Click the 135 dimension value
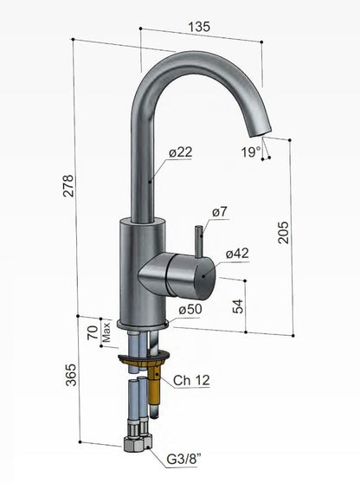pyautogui.click(x=199, y=27)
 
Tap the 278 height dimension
pyautogui.click(x=68, y=186)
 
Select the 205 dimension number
pyautogui.click(x=283, y=233)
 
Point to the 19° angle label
pyautogui.click(x=250, y=151)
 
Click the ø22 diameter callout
pyautogui.click(x=181, y=151)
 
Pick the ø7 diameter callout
pyautogui.click(x=220, y=211)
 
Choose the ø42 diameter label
pyautogui.click(x=237, y=254)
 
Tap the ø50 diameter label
pyautogui.click(x=190, y=309)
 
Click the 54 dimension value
pyautogui.click(x=238, y=306)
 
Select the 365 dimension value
pyautogui.click(x=71, y=375)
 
